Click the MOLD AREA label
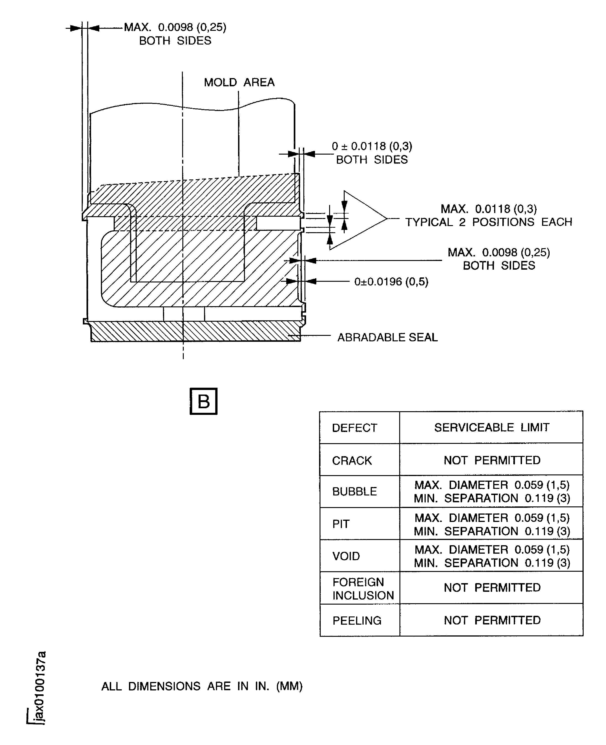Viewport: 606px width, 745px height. pyautogui.click(x=239, y=82)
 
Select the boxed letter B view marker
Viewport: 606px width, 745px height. pyautogui.click(x=204, y=401)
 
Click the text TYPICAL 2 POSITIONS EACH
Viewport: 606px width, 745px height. pyautogui.click(x=488, y=222)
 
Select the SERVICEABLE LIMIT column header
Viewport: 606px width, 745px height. pyautogui.click(x=491, y=427)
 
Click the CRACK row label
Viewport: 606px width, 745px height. pyautogui.click(x=352, y=461)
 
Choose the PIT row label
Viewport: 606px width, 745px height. pyautogui.click(x=341, y=524)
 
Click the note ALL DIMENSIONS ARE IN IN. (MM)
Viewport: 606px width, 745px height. pyautogui.click(x=202, y=686)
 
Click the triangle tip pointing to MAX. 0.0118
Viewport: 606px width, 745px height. pyautogui.click(x=387, y=219)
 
